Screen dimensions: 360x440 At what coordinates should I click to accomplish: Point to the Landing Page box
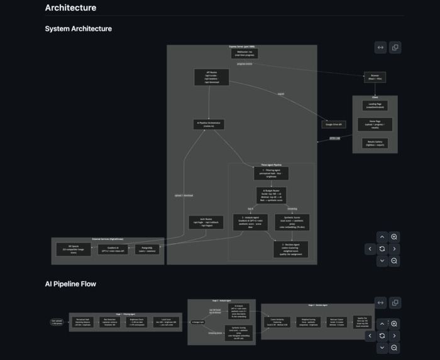375,106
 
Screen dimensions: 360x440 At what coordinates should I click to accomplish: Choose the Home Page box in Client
375,124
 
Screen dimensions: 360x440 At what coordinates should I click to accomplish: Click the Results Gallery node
375,143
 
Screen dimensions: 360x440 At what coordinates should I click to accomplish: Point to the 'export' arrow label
280,94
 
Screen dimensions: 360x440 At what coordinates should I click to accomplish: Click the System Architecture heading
79,28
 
